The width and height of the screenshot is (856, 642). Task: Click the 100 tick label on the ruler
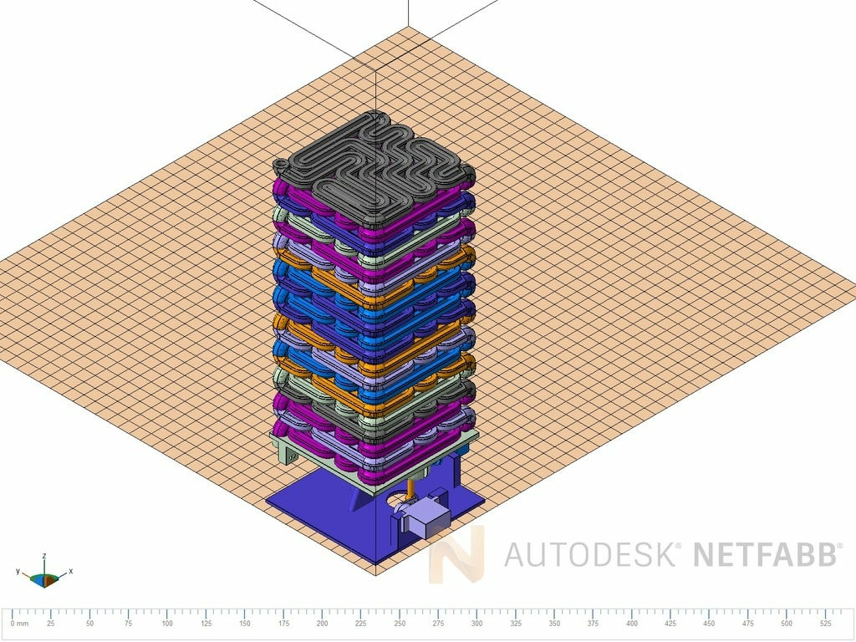[x=167, y=624]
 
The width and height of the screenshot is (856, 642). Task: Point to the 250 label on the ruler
[x=400, y=624]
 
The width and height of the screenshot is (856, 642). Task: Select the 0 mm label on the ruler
[x=20, y=624]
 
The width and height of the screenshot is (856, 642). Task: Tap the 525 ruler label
[x=825, y=624]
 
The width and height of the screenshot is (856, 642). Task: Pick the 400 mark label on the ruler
[x=632, y=624]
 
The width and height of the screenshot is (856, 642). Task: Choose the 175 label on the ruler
[x=283, y=624]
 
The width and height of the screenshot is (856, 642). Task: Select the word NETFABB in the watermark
[x=764, y=554]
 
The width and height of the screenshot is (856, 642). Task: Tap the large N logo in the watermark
[x=456, y=553]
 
